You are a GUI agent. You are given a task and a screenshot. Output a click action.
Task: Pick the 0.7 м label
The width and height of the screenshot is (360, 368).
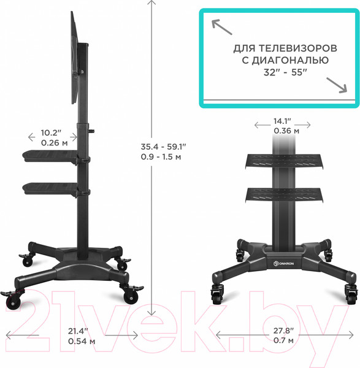pos(283,341)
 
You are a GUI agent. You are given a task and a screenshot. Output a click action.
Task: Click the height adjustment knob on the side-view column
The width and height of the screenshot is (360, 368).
pos(94,129)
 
